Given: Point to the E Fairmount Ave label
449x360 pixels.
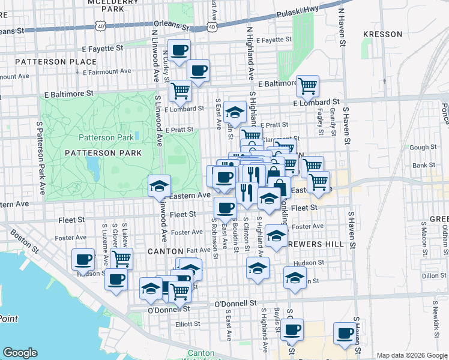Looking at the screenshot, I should click(107, 71).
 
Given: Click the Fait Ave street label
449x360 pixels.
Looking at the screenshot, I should click(198, 250).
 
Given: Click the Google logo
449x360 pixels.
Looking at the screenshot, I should click(20, 353).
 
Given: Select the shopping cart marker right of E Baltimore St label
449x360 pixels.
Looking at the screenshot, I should click(307, 86).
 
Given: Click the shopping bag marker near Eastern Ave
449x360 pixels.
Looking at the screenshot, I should click(279, 187).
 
